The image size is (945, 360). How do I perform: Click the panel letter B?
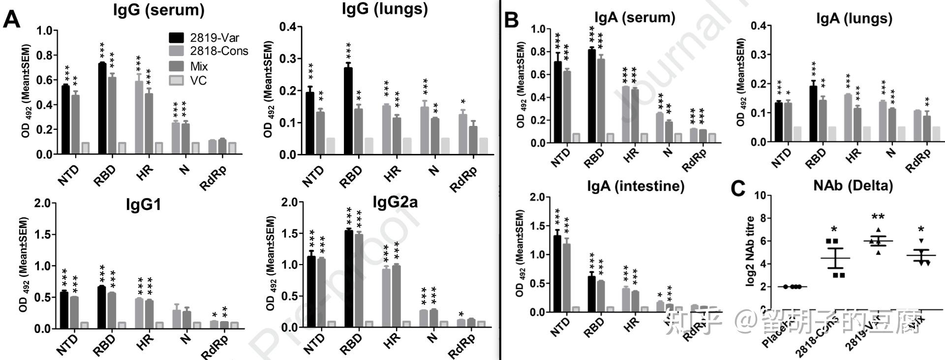click(x=512, y=20)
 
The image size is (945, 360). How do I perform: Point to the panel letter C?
click(x=738, y=188)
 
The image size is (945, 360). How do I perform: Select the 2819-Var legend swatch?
click(x=177, y=38)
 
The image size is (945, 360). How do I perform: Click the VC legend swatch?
click(x=177, y=80)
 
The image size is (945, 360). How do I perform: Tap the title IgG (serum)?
click(x=158, y=10)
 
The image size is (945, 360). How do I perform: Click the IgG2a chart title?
click(x=395, y=202)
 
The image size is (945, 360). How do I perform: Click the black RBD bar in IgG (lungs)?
click(x=348, y=111)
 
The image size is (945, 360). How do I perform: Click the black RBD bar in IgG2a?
click(x=349, y=278)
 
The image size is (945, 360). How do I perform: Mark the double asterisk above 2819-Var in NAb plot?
click(x=878, y=217)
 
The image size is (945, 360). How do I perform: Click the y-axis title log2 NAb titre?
click(x=751, y=251)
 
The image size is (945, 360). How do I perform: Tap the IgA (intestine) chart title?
click(x=635, y=186)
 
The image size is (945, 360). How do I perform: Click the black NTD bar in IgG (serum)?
click(x=65, y=120)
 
